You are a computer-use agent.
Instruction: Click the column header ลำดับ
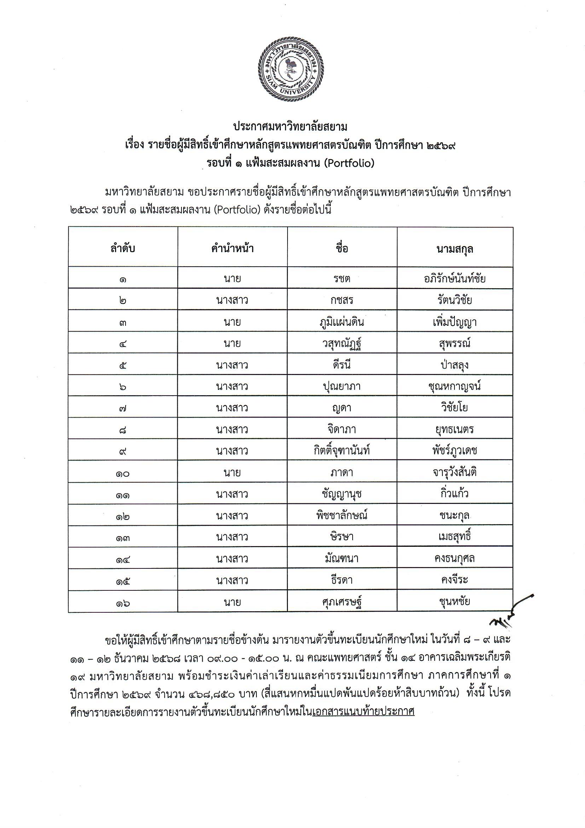click(x=123, y=248)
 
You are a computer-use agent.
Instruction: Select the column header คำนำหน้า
click(x=232, y=248)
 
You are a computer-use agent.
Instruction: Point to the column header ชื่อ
click(x=342, y=248)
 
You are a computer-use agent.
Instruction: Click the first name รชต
click(x=342, y=279)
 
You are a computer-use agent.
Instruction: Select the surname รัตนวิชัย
click(x=454, y=300)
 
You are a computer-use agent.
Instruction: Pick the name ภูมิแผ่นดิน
click(x=342, y=322)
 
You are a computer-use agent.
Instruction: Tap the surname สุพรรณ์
click(x=454, y=343)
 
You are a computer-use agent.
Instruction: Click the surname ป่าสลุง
click(x=454, y=364)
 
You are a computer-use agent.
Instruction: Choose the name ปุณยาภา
click(x=342, y=386)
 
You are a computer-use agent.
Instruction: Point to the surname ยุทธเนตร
click(x=454, y=429)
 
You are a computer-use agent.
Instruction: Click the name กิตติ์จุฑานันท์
click(x=342, y=450)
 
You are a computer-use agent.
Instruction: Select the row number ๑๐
click(x=123, y=473)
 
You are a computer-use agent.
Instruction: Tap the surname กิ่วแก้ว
click(x=454, y=493)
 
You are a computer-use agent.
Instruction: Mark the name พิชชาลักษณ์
click(x=342, y=515)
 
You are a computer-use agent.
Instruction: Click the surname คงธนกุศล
click(x=454, y=558)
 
